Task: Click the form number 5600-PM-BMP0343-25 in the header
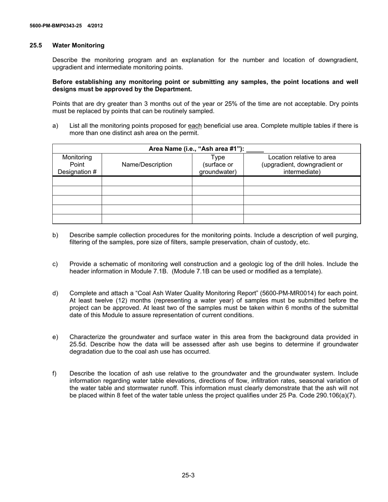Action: click(x=56, y=26)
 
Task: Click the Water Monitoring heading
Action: click(x=78, y=45)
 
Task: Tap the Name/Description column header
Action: click(x=147, y=165)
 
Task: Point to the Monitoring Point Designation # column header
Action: click(x=77, y=165)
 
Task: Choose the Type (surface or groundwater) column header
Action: click(x=218, y=165)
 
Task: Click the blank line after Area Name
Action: click(x=255, y=149)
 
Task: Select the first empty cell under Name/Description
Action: click(x=147, y=181)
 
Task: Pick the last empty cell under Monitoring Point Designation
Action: click(x=77, y=219)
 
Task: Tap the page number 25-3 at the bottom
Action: click(x=188, y=475)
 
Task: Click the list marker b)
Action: click(x=55, y=235)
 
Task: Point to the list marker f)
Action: click(x=55, y=373)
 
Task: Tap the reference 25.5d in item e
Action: click(x=78, y=344)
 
